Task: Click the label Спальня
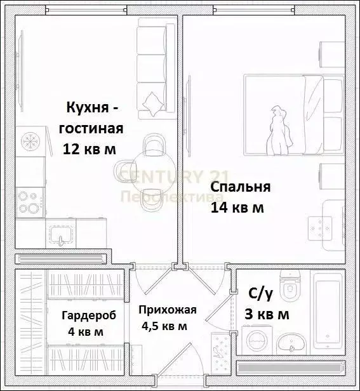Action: coord(241,187)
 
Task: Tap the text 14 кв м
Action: coord(237,208)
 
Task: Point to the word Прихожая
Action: coord(168,310)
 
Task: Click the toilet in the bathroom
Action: coord(291,288)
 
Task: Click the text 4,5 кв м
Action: coord(163,326)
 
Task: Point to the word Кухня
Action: coord(88,107)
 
